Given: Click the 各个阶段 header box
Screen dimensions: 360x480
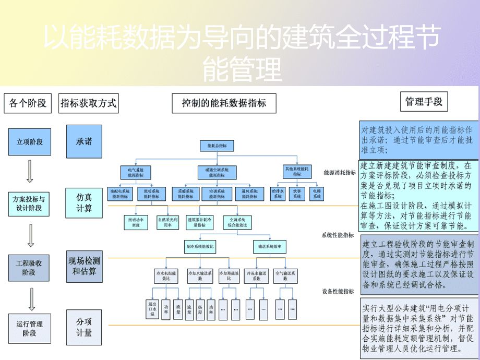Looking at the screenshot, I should click(28, 103).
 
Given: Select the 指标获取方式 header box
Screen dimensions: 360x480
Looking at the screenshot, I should click(89, 103).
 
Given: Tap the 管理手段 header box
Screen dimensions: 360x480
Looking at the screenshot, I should click(424, 102).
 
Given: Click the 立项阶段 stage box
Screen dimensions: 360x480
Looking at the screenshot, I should click(30, 142).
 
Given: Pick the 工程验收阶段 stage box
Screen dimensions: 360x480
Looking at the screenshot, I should click(29, 268).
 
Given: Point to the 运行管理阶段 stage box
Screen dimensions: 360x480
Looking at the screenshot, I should click(30, 328).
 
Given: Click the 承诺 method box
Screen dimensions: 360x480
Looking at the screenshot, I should click(84, 141).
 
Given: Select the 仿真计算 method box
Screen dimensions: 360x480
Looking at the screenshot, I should click(84, 203).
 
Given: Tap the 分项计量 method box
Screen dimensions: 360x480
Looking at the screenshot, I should click(84, 327).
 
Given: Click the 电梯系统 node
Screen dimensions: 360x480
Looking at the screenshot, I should click(317, 194).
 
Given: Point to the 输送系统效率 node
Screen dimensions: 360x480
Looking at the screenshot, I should click(270, 245).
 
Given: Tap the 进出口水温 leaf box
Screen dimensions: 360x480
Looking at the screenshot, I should click(152, 309).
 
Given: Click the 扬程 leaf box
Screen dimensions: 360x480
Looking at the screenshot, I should click(200, 309).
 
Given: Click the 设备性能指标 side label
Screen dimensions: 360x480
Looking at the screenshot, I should click(339, 291).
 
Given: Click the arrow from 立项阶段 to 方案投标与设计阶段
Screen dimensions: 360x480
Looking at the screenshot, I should click(30, 171).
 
